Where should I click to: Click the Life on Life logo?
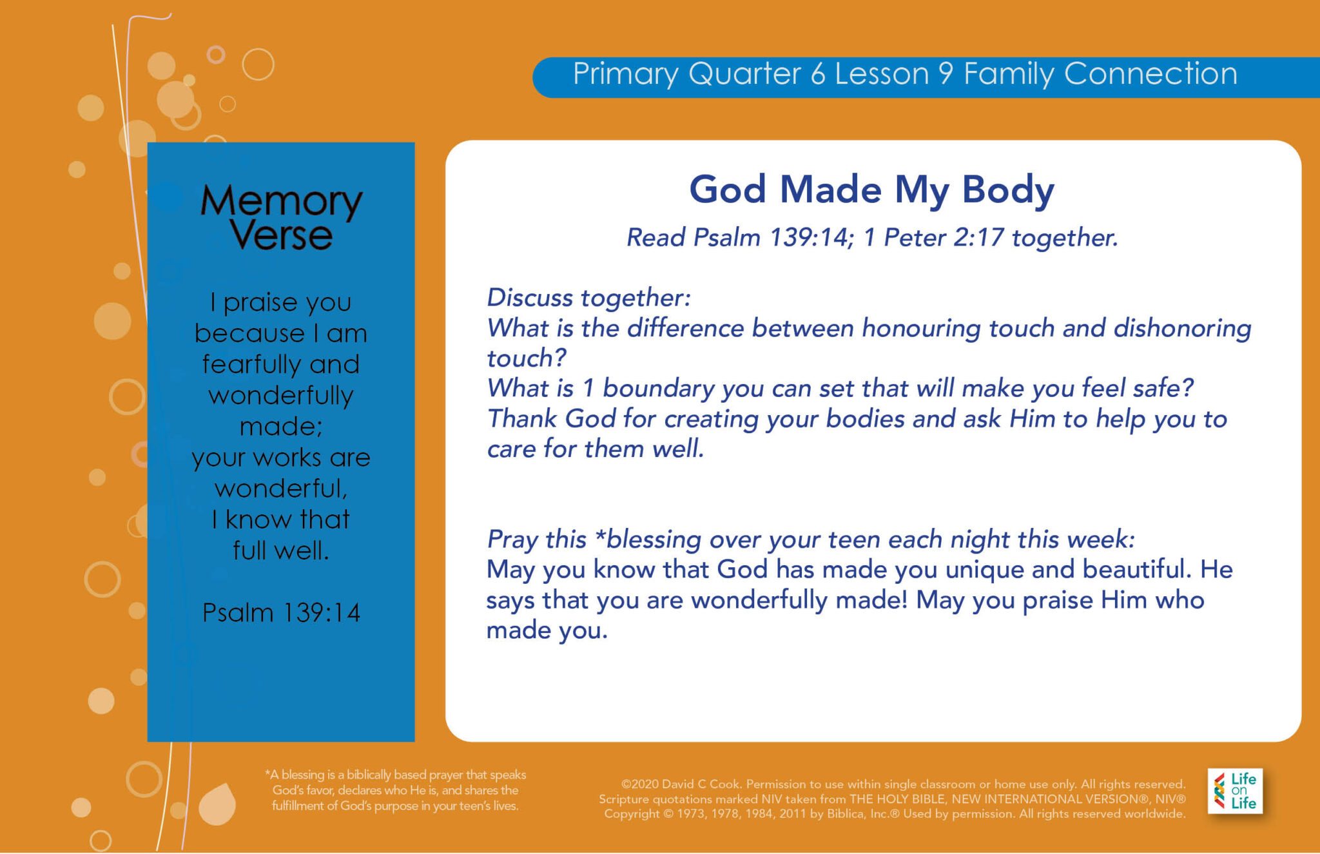pos(1235,791)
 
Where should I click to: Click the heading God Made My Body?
pos(871,190)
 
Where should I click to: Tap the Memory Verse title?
pos(281,217)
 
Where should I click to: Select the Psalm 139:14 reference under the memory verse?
pos(281,612)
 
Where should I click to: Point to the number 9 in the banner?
pos(946,74)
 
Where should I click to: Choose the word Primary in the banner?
pos(625,74)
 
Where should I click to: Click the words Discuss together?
pos(588,298)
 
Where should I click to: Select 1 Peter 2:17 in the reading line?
pos(933,238)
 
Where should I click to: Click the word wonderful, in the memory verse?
pos(281,489)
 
